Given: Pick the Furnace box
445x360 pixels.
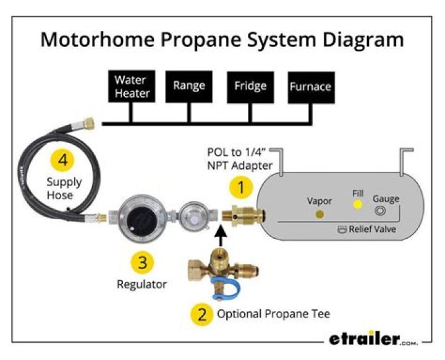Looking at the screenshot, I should pos(310,87).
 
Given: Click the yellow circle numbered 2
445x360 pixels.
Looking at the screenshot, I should pos(201,314).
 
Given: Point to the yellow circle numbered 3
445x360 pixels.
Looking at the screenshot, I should pos(142,262).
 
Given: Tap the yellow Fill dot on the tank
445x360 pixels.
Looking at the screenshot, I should pos(357,204).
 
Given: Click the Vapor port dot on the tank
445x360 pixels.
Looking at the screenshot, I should pos(320,214).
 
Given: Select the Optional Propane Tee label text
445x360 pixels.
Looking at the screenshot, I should pos(273,314).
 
